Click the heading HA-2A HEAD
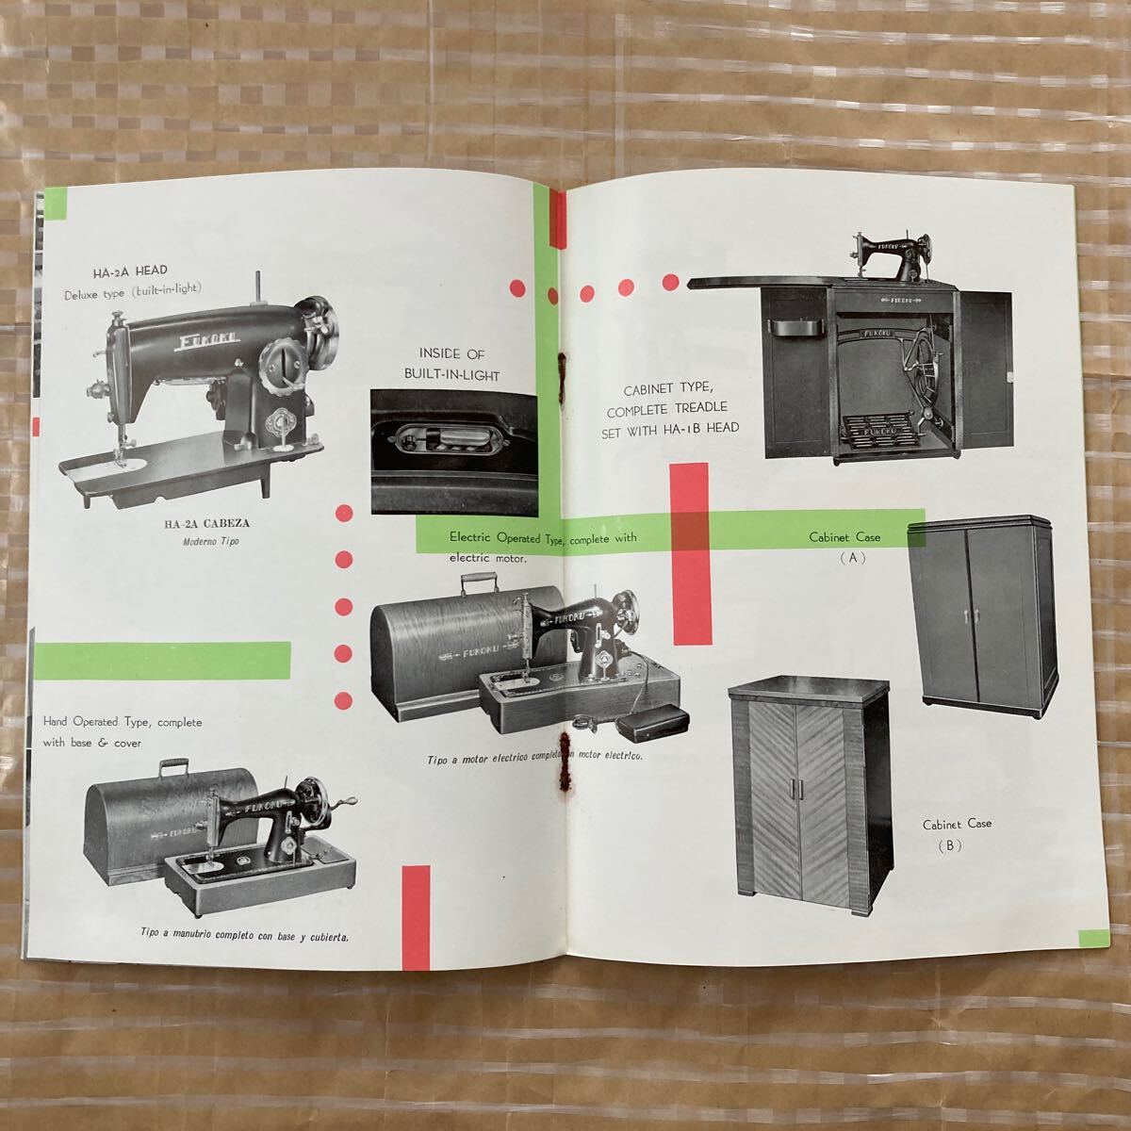tap(130, 271)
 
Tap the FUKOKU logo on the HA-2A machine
tap(208, 340)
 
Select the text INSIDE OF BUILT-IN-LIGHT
tap(452, 365)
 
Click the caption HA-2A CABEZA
tap(207, 523)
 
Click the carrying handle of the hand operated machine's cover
tap(173, 766)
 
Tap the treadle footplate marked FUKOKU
tap(880, 432)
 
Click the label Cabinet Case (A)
tap(845, 547)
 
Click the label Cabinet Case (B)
tap(957, 834)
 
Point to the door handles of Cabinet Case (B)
tap(795, 790)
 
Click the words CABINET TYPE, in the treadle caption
tap(668, 389)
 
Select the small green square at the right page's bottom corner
tap(1093, 938)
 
